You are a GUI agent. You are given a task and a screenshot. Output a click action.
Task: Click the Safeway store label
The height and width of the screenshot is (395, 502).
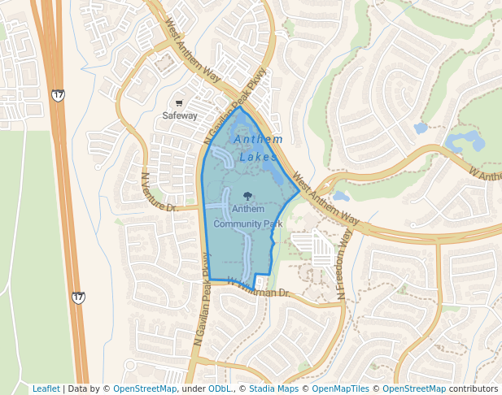[180, 115]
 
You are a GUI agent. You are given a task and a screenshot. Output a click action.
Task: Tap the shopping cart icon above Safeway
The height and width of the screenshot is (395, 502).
[179, 103]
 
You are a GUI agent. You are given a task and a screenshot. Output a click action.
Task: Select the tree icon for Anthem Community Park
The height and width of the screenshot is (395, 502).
[247, 196]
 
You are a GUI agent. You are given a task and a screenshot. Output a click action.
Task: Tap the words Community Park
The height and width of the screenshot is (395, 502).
[247, 223]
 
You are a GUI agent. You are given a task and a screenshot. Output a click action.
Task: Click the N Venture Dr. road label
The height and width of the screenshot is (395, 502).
[159, 193]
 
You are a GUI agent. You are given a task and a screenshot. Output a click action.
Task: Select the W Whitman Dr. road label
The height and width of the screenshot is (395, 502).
[258, 287]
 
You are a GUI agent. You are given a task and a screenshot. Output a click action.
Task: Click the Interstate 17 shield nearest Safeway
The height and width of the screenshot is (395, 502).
[57, 95]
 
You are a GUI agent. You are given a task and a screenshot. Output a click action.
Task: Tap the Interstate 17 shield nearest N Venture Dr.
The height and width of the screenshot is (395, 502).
[78, 298]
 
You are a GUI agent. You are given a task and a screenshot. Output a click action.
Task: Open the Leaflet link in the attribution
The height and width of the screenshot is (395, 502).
[46, 388]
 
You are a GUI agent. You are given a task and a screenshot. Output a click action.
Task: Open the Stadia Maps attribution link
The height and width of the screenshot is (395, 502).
[273, 388]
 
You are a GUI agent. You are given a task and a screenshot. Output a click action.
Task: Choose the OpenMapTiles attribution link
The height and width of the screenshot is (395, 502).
[342, 388]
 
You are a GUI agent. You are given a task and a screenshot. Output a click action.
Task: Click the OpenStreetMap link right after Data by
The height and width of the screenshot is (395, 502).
[145, 388]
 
